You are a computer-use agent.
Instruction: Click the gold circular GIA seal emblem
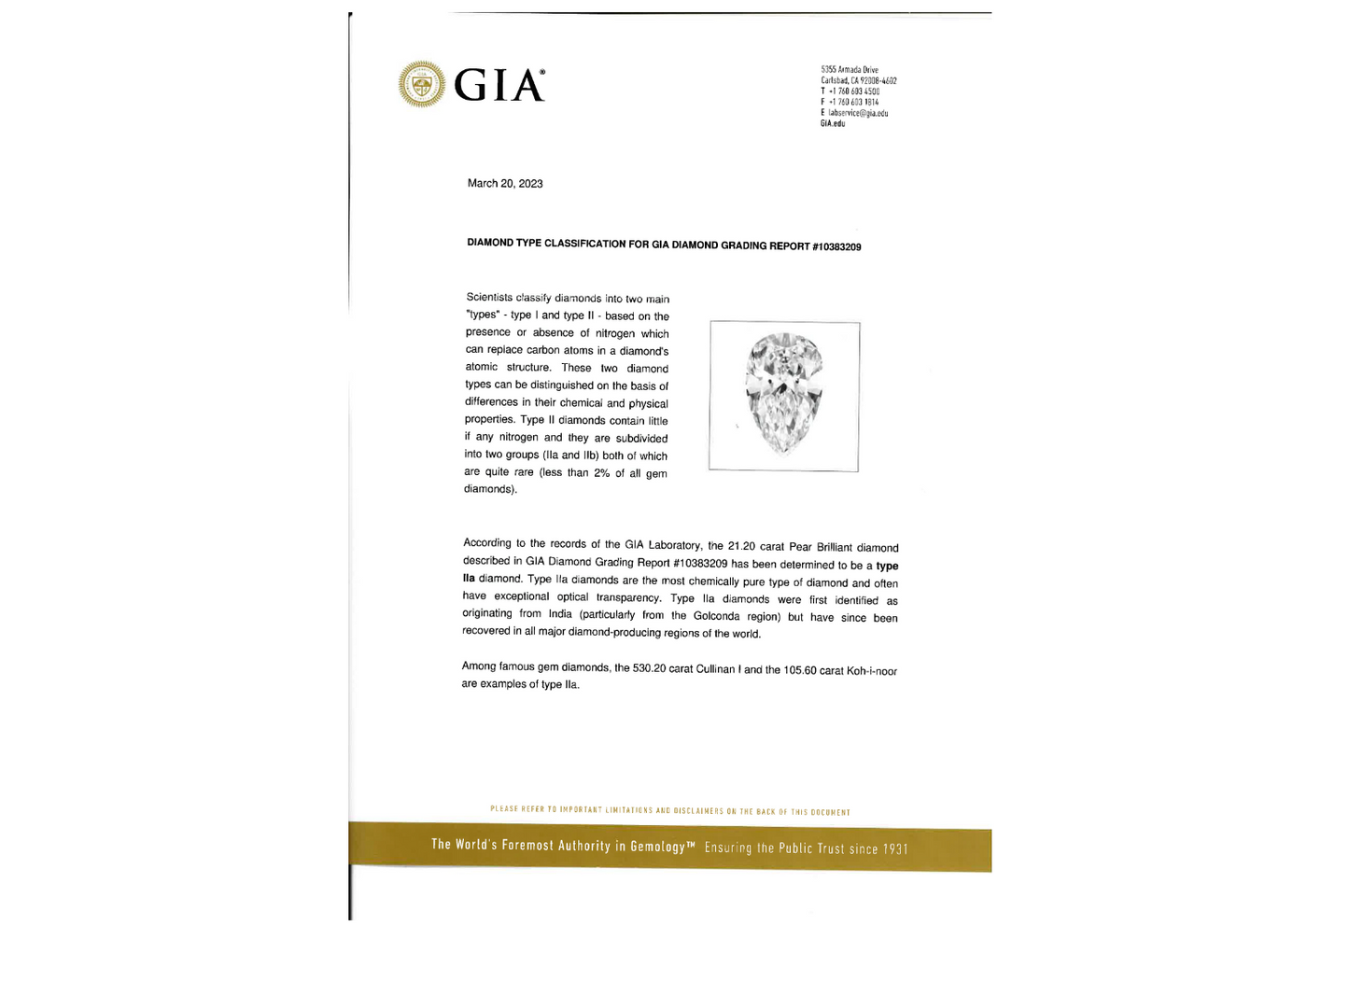click(x=422, y=85)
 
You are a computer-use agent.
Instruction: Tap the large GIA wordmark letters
click(x=499, y=86)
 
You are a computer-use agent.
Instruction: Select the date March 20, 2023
click(x=505, y=184)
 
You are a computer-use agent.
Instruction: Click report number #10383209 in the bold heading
click(x=836, y=247)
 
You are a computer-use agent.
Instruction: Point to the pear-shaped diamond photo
click(x=784, y=394)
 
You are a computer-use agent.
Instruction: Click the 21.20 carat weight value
click(x=741, y=546)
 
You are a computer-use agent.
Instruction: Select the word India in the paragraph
click(x=560, y=614)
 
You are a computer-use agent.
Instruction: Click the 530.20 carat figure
click(x=649, y=668)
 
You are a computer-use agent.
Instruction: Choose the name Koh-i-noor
click(x=872, y=671)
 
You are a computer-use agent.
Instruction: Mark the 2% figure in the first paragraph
click(x=601, y=473)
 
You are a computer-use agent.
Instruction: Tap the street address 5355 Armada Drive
click(x=850, y=70)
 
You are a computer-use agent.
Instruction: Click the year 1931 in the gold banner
click(x=895, y=849)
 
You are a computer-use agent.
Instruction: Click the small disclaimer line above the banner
click(x=670, y=811)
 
